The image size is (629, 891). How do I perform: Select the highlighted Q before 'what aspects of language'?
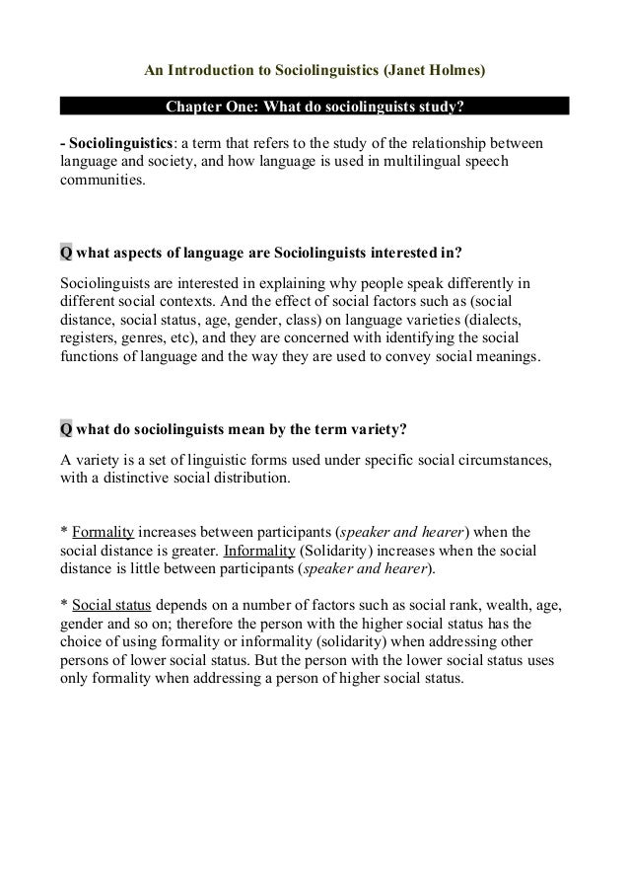(x=66, y=252)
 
